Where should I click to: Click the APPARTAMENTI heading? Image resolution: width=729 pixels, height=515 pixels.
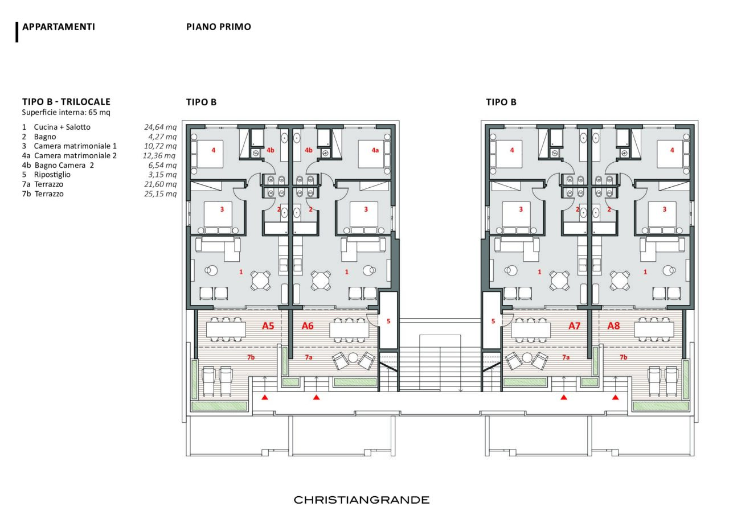click(59, 27)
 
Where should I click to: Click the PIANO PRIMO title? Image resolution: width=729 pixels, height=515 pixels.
click(219, 27)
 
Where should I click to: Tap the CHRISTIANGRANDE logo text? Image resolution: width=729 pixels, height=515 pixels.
click(362, 500)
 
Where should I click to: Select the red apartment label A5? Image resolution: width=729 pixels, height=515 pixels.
click(268, 326)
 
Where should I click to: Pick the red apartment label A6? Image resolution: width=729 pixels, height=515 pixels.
click(308, 326)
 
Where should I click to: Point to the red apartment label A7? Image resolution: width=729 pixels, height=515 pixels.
click(575, 326)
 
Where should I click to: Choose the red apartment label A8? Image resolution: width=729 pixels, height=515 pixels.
click(614, 326)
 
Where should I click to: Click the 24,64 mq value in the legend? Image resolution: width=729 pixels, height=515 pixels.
click(161, 127)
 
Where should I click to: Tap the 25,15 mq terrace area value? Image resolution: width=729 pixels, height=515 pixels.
click(161, 194)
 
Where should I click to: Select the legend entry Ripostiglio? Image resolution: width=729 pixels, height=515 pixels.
click(52, 175)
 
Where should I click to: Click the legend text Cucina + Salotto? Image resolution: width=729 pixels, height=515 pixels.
click(62, 127)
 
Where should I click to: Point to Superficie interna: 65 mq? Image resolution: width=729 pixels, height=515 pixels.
click(66, 113)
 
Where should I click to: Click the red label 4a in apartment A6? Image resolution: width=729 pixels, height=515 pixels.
click(375, 150)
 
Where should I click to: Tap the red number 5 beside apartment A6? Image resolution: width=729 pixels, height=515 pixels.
click(388, 321)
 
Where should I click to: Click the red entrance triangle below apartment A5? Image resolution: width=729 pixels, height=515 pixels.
click(265, 397)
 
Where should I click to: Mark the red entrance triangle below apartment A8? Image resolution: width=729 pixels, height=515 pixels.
click(615, 397)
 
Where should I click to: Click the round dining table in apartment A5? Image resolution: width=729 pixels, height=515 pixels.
click(260, 280)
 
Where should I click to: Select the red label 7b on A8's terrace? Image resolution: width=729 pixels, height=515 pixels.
click(623, 357)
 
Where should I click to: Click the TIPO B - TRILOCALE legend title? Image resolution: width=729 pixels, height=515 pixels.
click(67, 102)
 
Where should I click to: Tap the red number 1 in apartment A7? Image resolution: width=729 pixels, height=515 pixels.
click(539, 272)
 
